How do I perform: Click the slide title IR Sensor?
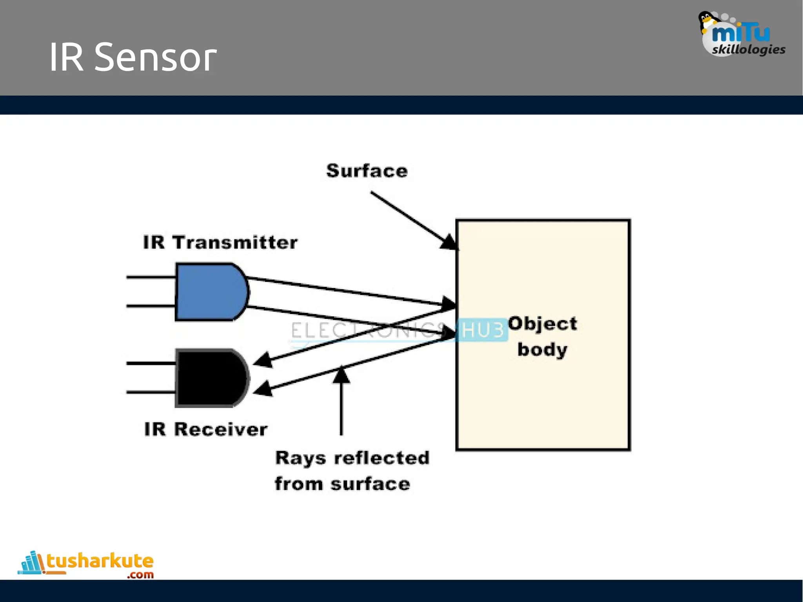[133, 57]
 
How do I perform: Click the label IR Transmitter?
[220, 242]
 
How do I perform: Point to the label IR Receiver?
[205, 429]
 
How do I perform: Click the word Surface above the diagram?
[367, 171]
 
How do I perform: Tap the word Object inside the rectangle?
[542, 324]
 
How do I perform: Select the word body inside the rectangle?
[542, 349]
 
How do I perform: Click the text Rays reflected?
[352, 458]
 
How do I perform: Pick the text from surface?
[342, 484]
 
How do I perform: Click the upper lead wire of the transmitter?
[151, 277]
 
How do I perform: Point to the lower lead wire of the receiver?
[151, 392]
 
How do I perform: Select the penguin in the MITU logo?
[707, 22]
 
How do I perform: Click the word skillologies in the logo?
[748, 50]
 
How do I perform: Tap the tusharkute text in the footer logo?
[100, 561]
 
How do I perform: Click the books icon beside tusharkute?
[31, 563]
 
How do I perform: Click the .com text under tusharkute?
[140, 575]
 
